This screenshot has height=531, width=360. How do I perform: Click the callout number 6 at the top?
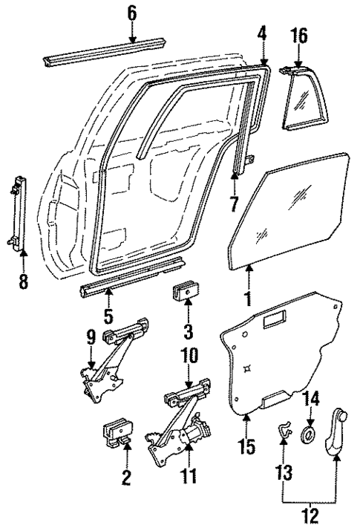pos(131,12)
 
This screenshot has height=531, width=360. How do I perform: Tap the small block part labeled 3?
pos(186,294)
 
